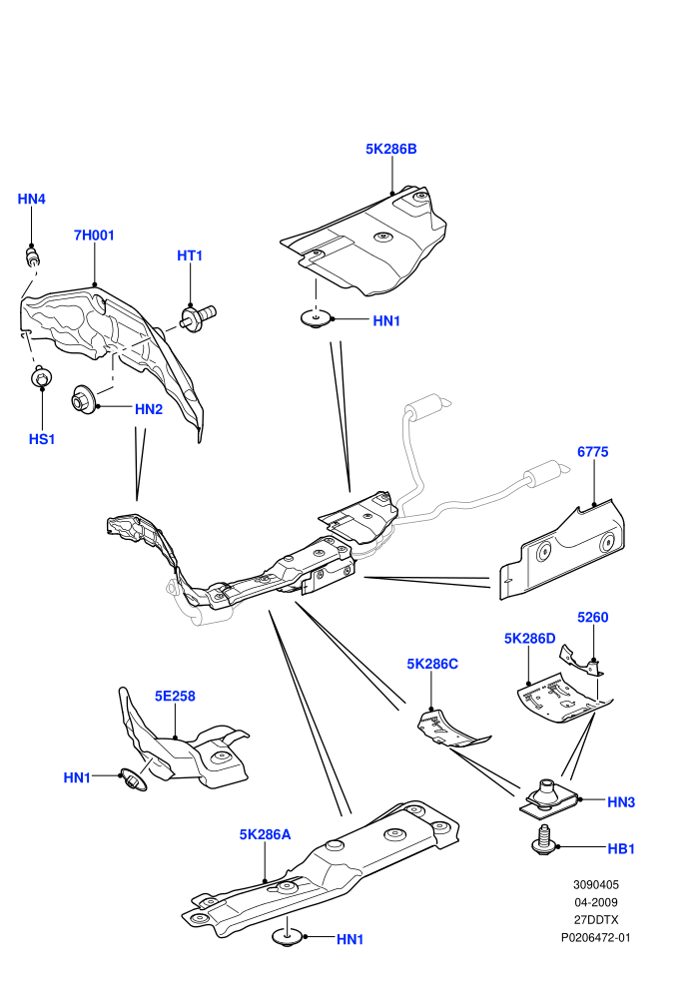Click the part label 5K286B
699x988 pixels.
tap(390, 150)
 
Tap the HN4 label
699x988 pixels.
tap(32, 200)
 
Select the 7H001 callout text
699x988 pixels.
tap(94, 236)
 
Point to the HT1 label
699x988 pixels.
tap(190, 255)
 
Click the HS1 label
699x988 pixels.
tap(42, 439)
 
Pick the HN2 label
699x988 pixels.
tap(149, 409)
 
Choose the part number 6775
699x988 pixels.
tap(593, 452)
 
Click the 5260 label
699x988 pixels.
tap(593, 618)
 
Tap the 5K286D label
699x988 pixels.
tap(530, 639)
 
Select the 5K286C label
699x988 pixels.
tap(432, 664)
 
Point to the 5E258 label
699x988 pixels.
tap(175, 697)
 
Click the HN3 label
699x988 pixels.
tap(621, 802)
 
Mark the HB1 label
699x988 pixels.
tap(621, 848)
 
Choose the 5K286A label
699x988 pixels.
tap(265, 835)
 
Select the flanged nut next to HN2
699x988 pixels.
tap(83, 399)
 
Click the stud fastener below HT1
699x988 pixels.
tap(198, 317)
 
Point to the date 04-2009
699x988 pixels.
tap(595, 902)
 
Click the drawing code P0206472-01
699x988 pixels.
tap(595, 937)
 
